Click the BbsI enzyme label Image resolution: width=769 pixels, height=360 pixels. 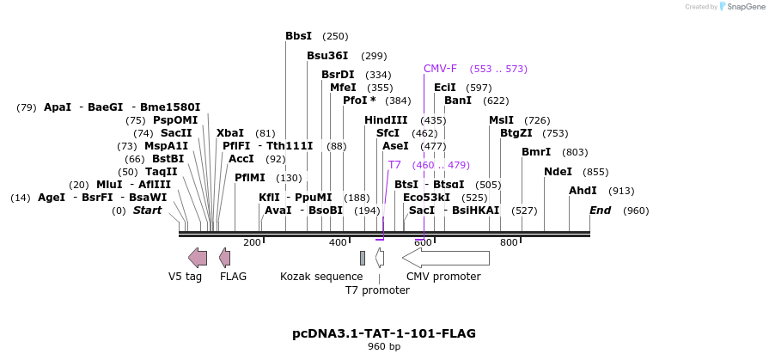298,36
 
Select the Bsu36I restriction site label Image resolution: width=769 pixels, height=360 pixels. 327,56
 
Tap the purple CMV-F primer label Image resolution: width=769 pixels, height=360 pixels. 440,69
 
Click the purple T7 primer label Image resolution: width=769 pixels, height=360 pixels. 394,165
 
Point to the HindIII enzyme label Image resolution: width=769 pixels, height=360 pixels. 386,120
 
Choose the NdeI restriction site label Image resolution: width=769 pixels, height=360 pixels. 558,172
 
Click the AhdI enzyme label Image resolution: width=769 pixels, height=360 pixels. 583,191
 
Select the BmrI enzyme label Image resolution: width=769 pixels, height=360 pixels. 536,152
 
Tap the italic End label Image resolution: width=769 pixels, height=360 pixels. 600,211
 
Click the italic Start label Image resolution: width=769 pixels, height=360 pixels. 147,211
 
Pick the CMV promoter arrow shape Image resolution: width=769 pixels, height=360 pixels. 446,258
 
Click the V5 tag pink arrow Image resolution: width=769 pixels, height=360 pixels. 198,257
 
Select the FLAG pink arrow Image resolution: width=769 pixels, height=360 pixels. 225,257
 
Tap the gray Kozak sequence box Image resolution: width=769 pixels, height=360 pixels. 363,258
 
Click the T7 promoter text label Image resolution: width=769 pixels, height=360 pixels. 377,290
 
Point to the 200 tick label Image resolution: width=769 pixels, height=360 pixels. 252,243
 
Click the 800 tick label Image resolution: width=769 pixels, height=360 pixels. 509,243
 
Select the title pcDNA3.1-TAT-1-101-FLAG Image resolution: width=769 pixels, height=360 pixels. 384,333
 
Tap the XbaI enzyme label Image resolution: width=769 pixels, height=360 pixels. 229,133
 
